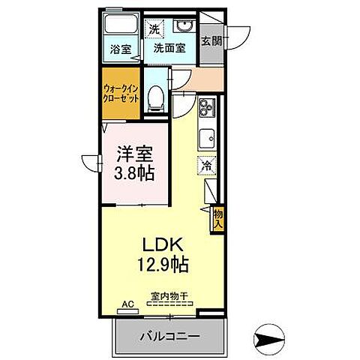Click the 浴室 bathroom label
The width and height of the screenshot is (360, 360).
tap(120, 49)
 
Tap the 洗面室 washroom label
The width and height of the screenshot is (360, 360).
tap(170, 49)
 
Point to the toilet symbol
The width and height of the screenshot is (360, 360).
tap(156, 96)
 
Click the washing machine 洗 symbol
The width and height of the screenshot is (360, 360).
tap(154, 30)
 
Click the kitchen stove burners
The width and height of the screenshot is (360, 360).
tap(206, 112)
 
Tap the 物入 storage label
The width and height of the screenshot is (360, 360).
tap(218, 218)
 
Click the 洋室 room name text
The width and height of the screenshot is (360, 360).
tap(135, 154)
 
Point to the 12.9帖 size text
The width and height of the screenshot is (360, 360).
tap(161, 265)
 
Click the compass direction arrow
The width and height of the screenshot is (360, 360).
tap(271, 340)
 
